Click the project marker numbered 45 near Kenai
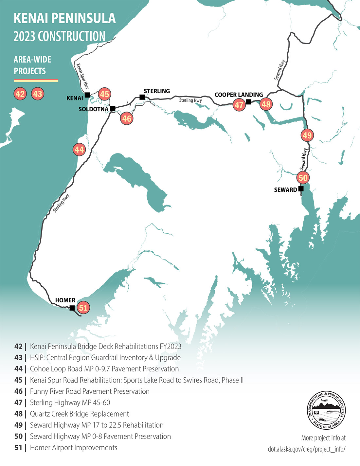click(x=104, y=94)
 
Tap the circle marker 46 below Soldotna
click(x=127, y=118)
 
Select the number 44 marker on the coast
click(x=79, y=150)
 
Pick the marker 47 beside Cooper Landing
click(x=239, y=105)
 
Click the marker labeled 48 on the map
click(x=266, y=104)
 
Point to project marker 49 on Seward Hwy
click(x=307, y=135)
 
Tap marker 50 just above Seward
click(x=303, y=178)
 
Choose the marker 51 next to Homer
click(x=83, y=308)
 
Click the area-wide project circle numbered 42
click(x=20, y=94)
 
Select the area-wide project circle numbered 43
click(x=38, y=94)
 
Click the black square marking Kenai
click(x=87, y=95)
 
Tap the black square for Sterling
click(x=142, y=97)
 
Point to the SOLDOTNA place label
click(x=93, y=109)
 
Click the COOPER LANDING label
click(x=239, y=95)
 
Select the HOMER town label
click(x=65, y=300)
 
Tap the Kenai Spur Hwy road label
click(x=82, y=76)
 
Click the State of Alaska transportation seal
click(x=326, y=410)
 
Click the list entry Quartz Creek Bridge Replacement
click(x=80, y=414)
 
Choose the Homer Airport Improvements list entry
click(x=74, y=448)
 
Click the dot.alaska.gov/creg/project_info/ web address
click(x=306, y=449)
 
